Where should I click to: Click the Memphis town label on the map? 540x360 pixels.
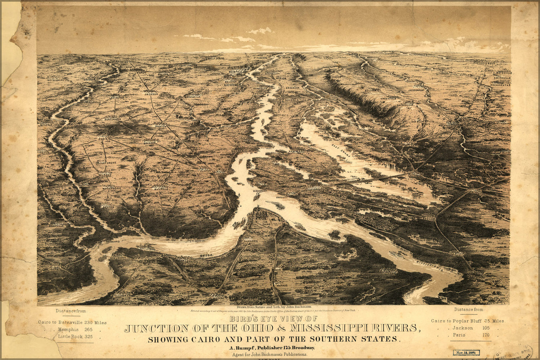click(x=236, y=72)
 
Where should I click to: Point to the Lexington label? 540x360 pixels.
click(x=116, y=98)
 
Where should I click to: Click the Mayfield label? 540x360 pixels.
click(x=161, y=189)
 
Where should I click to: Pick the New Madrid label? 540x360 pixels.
click(x=296, y=152)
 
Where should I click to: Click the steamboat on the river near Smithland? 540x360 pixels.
click(x=147, y=247)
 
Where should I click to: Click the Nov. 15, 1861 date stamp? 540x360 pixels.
click(x=464, y=352)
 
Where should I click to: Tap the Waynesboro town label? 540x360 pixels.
click(x=55, y=80)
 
